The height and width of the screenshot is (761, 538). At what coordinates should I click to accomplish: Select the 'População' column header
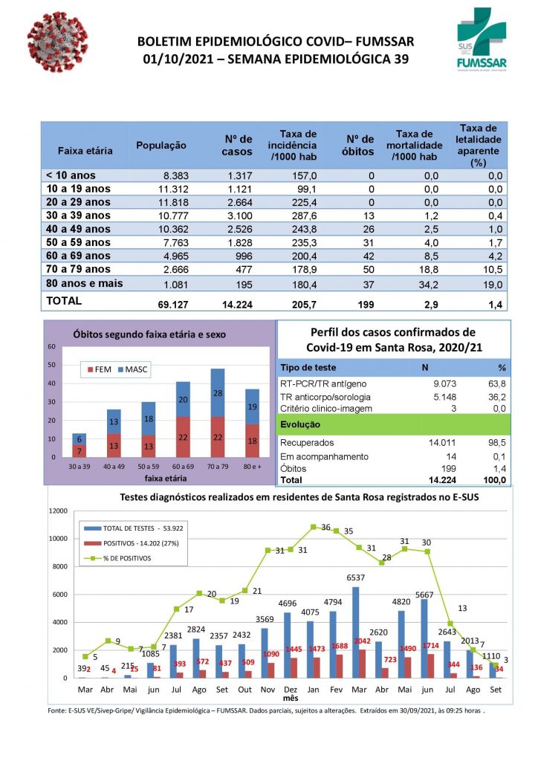click(x=161, y=145)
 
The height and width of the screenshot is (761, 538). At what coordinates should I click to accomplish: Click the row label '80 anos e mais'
click(x=84, y=283)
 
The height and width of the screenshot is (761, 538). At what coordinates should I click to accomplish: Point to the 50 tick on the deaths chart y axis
click(x=52, y=365)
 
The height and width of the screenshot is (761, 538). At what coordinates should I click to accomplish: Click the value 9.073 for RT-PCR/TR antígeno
click(x=439, y=384)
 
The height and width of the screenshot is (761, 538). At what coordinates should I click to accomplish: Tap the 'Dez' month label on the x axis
click(x=291, y=690)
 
